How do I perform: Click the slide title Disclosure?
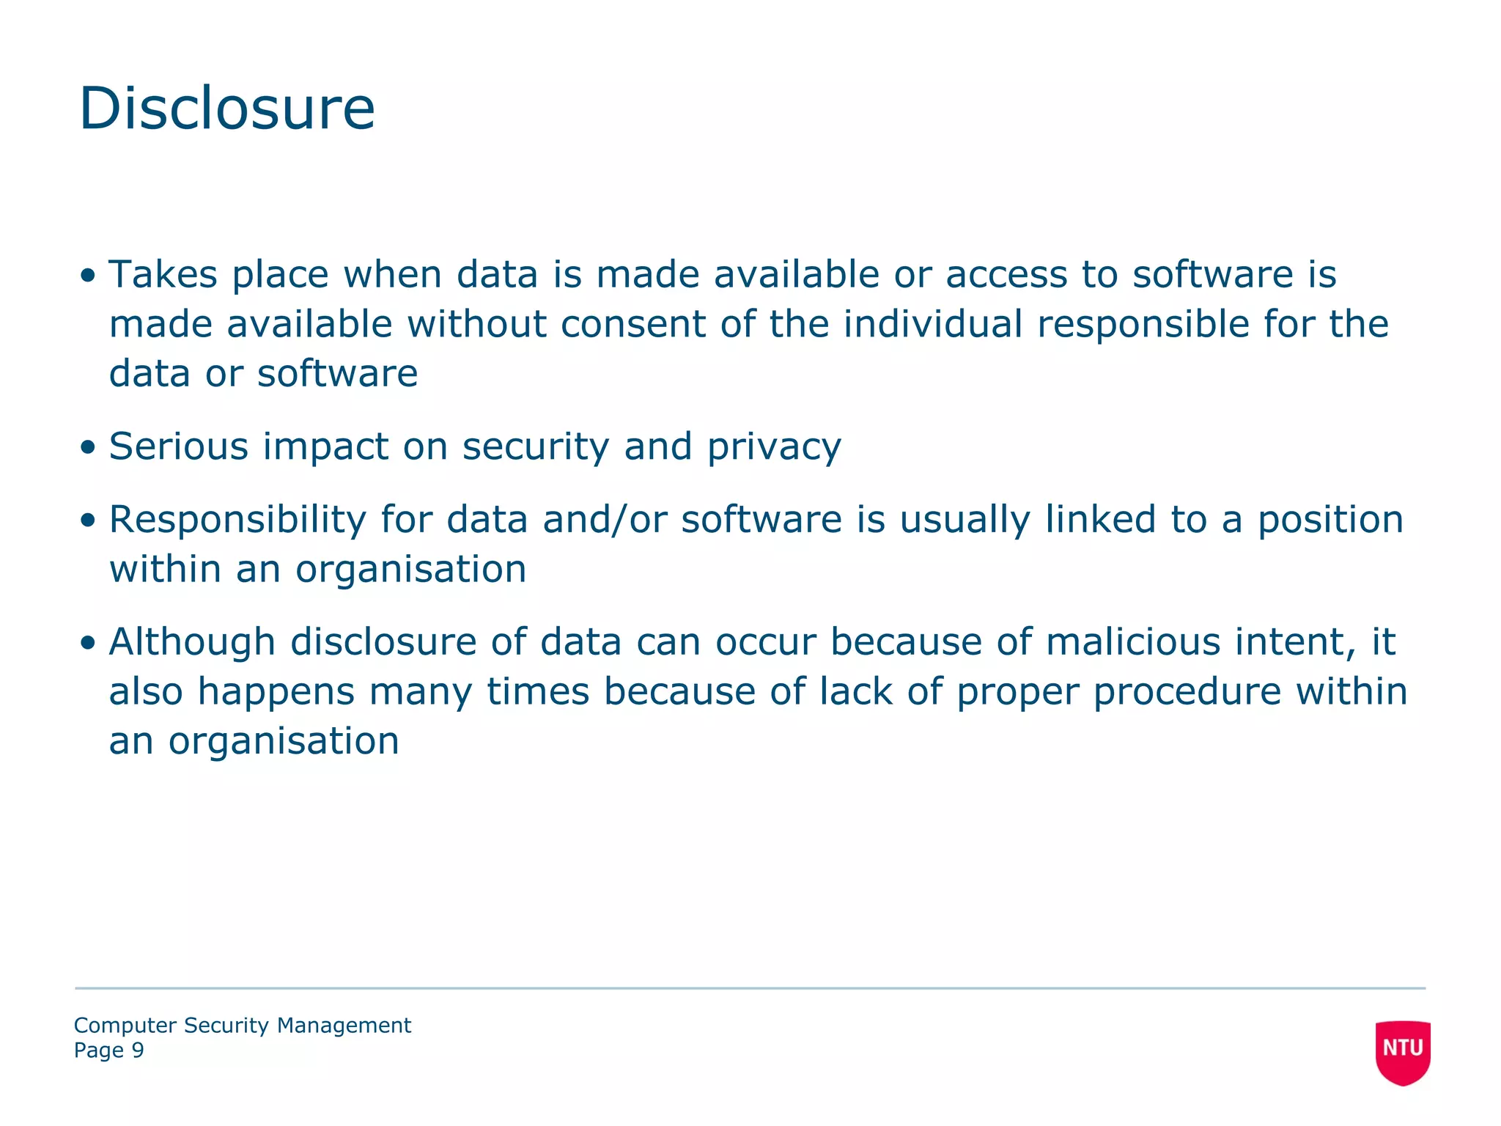point(226,108)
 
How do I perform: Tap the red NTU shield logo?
point(1402,1050)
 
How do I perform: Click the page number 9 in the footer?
point(138,1050)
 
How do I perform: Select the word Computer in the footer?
point(125,1026)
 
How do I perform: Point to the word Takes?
point(163,274)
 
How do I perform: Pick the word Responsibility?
point(237,520)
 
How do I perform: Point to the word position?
point(1330,520)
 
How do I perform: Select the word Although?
point(192,642)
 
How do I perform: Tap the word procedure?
point(1187,692)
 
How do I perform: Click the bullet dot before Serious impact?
point(88,447)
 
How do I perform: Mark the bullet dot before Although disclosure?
point(88,643)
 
